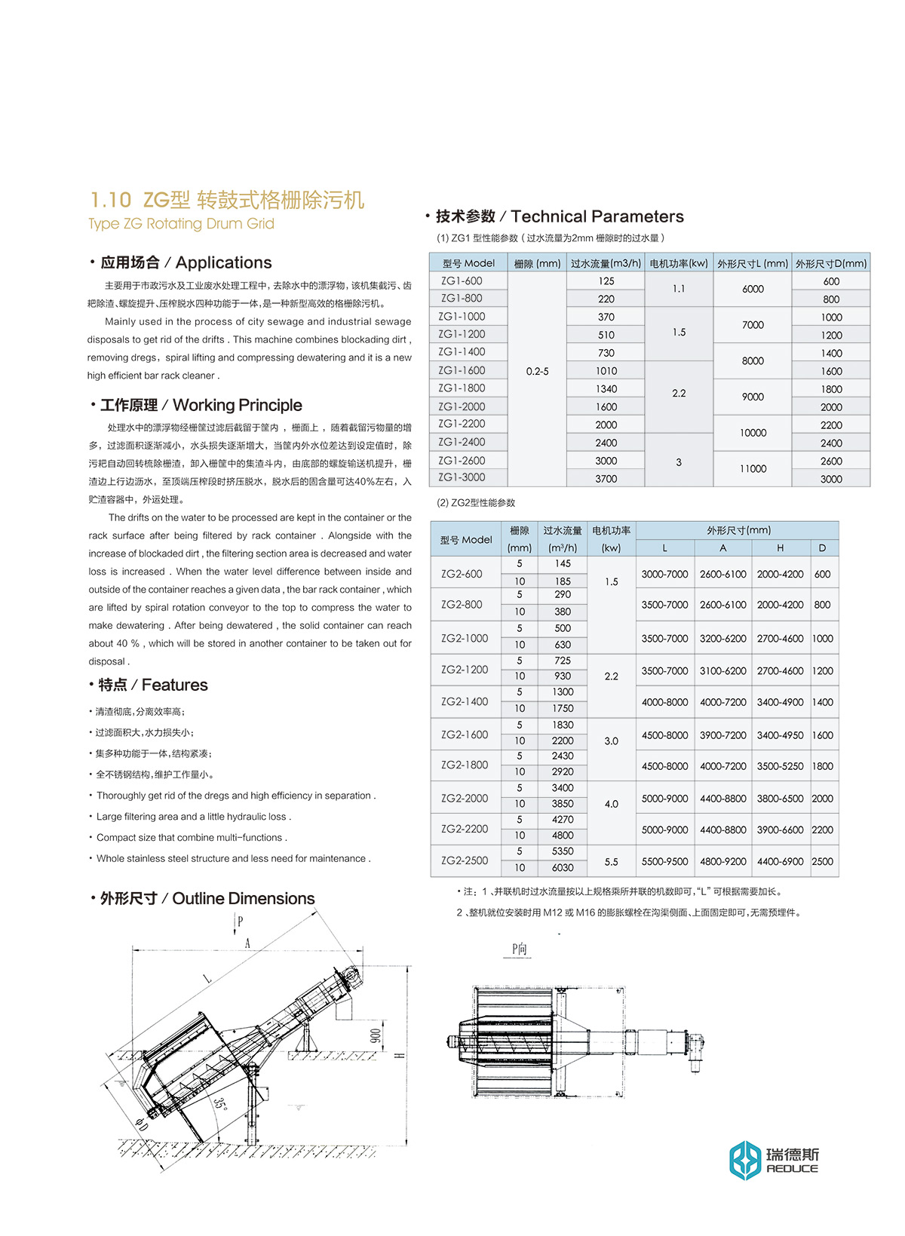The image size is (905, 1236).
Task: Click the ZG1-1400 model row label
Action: tap(462, 352)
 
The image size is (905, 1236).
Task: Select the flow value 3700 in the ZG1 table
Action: tap(606, 479)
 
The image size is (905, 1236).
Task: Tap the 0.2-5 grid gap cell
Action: tap(537, 372)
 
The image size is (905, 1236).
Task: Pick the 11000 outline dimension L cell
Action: tap(753, 469)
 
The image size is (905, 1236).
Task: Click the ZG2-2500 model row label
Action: tap(465, 860)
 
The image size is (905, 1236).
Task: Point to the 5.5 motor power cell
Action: tap(611, 862)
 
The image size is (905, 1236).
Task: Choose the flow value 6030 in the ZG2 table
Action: tap(563, 868)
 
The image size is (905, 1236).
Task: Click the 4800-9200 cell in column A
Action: tap(722, 861)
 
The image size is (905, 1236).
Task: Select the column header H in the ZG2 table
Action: tap(780, 548)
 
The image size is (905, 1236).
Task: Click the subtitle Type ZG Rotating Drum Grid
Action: tap(181, 224)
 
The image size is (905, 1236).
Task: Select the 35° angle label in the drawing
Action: tap(219, 1103)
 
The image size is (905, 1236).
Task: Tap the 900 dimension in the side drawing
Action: tap(376, 1035)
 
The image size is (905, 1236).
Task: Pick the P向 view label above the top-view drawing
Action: tap(519, 949)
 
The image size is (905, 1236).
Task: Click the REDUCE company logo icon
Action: tap(745, 1160)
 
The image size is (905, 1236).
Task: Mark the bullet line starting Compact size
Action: tap(192, 838)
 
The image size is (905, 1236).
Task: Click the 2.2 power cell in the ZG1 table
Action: tap(679, 394)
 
